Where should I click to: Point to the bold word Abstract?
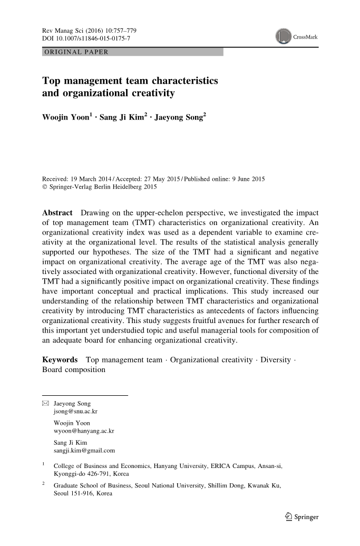pos(57,212)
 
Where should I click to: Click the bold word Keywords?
pos(60,360)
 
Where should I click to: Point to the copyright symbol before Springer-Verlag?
pos(44,187)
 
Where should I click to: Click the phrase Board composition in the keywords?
pos(74,369)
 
